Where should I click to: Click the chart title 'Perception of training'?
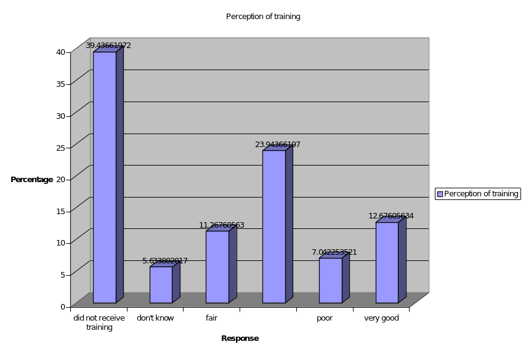(x=263, y=17)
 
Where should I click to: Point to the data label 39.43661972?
(x=108, y=46)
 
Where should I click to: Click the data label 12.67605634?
(x=391, y=216)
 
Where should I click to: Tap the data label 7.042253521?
(x=334, y=252)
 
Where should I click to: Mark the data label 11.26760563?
(x=222, y=225)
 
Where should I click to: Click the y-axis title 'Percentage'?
(x=32, y=180)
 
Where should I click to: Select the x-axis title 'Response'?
(x=240, y=338)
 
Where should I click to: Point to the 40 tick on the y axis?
(x=61, y=52)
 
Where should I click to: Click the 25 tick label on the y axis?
(x=61, y=147)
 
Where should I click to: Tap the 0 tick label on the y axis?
(x=63, y=306)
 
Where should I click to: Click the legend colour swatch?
(x=440, y=194)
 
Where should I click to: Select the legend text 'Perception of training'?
(x=481, y=194)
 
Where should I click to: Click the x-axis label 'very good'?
(x=382, y=318)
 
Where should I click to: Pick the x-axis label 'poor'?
(x=325, y=318)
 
